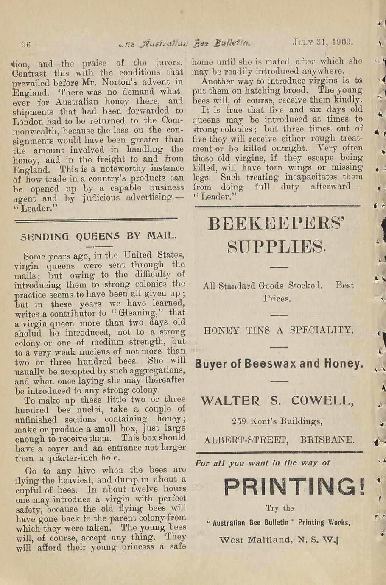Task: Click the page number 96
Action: tap(27, 45)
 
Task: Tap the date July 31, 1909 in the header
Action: tap(323, 42)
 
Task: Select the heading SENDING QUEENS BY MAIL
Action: tap(98, 236)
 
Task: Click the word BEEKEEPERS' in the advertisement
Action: tap(276, 224)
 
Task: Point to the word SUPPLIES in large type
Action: tap(277, 246)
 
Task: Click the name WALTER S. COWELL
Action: tap(277, 401)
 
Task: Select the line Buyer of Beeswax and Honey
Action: tap(279, 364)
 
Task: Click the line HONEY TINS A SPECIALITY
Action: tap(278, 330)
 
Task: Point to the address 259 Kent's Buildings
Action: tap(277, 421)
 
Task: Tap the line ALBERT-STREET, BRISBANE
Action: tap(279, 440)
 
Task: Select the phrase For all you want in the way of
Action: tap(263, 463)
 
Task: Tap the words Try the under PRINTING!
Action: tap(280, 508)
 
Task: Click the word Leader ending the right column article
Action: tap(216, 197)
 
